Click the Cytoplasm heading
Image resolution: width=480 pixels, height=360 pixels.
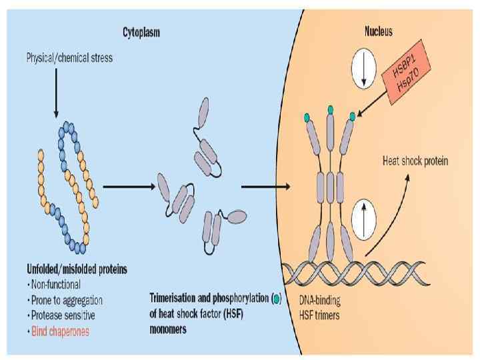click(141, 32)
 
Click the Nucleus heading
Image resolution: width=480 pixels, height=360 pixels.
click(378, 31)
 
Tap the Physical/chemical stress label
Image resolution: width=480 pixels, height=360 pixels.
click(69, 58)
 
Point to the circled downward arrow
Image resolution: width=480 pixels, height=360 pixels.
click(364, 71)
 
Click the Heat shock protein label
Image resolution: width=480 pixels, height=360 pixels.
click(415, 161)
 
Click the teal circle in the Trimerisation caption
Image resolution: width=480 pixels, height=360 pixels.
click(277, 298)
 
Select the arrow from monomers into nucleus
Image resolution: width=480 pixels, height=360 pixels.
click(265, 185)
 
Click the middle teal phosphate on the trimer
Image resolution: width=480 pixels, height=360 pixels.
click(330, 109)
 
